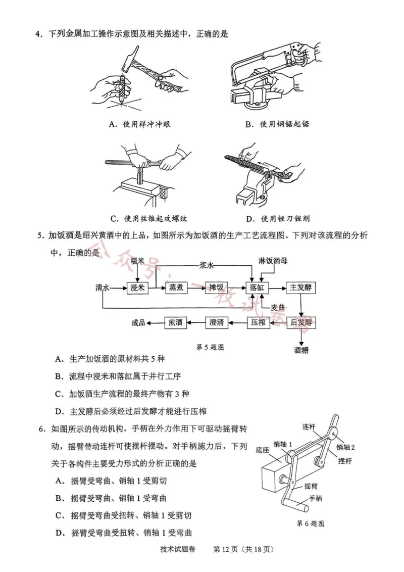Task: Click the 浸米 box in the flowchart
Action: (137, 288)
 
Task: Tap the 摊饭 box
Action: (217, 288)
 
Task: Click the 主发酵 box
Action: (301, 288)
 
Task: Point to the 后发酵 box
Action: (301, 322)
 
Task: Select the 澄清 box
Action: (217, 322)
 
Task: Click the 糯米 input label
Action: (137, 261)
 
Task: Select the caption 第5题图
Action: (210, 347)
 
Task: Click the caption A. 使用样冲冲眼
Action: (140, 124)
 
